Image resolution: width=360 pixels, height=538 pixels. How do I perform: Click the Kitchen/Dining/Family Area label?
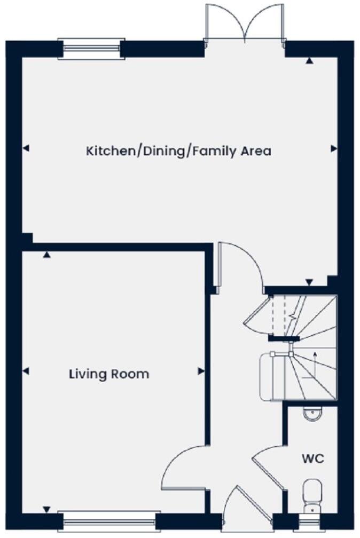pos(178,151)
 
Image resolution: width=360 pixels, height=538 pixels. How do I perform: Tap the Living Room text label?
pos(109,374)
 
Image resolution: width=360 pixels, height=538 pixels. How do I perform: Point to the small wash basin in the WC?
pos(310,413)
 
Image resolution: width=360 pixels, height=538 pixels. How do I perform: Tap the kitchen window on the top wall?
pos(91,49)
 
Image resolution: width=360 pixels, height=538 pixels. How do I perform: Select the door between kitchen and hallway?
pos(240,264)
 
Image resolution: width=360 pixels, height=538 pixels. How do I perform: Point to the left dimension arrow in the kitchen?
pos(26,148)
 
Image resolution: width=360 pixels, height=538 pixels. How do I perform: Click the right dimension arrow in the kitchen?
pos(334,148)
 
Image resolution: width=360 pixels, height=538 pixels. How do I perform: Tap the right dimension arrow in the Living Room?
pos(201,371)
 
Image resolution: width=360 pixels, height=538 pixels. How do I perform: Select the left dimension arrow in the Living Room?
pos(26,371)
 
